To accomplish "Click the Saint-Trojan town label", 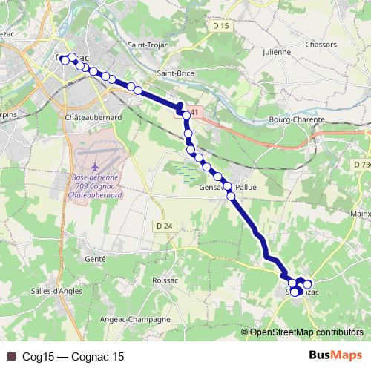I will click(148, 45).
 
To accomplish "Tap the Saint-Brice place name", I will click(176, 73).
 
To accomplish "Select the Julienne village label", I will click(278, 52).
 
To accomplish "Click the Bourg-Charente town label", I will click(298, 119).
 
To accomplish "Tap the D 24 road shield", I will click(164, 225).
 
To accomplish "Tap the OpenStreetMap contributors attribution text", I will click(306, 333).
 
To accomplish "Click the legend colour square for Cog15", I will click(10, 357).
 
